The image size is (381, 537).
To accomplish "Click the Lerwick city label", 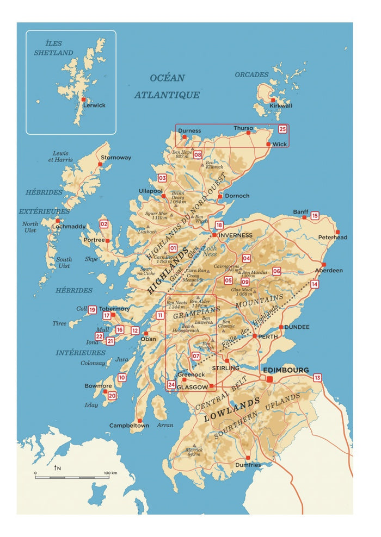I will coord(95,105).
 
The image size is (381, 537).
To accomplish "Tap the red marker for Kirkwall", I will coord(272,100).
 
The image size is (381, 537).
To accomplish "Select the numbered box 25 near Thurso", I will coord(282,129).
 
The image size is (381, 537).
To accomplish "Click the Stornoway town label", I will coord(115,158).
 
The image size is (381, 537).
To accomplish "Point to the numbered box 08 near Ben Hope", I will coord(197,155).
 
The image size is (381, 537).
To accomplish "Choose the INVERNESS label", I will coord(236,235).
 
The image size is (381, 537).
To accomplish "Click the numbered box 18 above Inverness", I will coord(219,225).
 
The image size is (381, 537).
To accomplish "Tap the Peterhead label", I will coord(333,238).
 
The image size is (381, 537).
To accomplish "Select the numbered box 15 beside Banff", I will coord(315,216).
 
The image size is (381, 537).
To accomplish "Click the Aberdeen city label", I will coord(329,270).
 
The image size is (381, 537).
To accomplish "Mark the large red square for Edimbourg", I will coord(269,379).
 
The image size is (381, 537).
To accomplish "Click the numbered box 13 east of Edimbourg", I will coord(317,377).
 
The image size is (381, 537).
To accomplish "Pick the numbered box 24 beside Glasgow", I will coord(171,385).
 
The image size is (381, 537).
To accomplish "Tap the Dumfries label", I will coord(248,465).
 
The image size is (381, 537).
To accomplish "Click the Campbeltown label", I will coord(129,425).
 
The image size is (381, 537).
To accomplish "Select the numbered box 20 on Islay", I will coord(112,396).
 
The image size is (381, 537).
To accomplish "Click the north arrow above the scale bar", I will coord(56,467).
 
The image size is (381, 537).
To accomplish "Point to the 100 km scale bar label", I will coord(110,473).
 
